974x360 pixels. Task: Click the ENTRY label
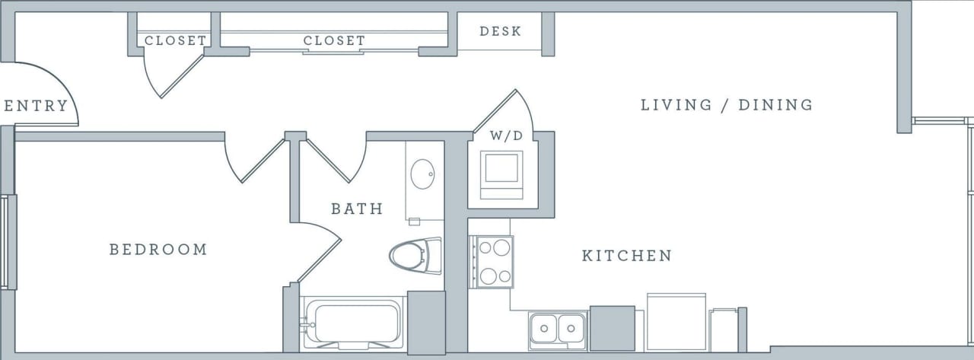tap(36, 106)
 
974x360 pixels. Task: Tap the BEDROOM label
tap(158, 250)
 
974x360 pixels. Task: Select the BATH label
tap(357, 209)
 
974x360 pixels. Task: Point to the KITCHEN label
tap(627, 256)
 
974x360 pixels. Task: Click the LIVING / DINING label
tap(727, 105)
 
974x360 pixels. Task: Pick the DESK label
tap(501, 32)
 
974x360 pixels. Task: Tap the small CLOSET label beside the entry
tap(175, 41)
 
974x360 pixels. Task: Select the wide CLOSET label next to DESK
tap(334, 41)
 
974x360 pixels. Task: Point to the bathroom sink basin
tap(422, 175)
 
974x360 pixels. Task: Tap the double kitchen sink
tap(558, 330)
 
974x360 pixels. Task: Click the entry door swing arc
tap(53, 88)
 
